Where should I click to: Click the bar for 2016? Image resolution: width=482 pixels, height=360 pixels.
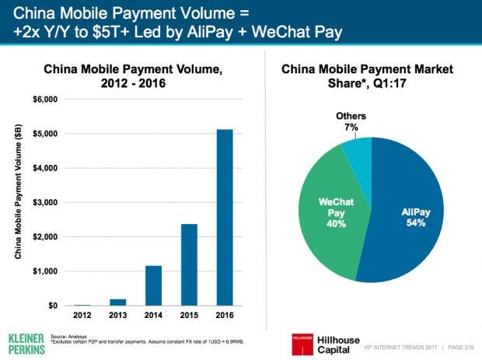click(225, 218)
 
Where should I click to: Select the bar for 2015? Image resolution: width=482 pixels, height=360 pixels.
click(189, 264)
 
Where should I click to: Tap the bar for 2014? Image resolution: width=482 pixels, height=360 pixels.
click(153, 285)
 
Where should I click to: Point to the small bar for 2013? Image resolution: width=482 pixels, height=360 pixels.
click(117, 302)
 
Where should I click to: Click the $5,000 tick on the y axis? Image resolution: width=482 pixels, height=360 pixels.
click(45, 134)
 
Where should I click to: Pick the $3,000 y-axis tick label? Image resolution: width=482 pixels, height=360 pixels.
click(45, 203)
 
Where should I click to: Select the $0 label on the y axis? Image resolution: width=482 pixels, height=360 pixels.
click(53, 306)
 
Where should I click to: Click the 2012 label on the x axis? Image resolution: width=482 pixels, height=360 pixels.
click(82, 315)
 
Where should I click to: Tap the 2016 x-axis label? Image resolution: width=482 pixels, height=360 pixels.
click(225, 315)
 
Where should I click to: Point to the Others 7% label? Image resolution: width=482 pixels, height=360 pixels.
click(351, 121)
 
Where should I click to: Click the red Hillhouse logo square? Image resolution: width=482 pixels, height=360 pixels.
click(302, 344)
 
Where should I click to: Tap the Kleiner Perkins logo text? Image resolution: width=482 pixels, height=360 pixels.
click(26, 344)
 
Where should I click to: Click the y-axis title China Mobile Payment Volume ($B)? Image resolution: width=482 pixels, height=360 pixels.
click(18, 191)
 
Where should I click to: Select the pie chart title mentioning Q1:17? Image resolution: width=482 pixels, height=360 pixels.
click(367, 76)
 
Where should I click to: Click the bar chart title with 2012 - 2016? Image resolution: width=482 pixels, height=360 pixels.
click(133, 76)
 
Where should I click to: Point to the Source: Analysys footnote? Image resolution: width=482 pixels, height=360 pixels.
click(68, 337)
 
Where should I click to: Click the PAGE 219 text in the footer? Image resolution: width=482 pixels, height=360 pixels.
click(461, 348)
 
